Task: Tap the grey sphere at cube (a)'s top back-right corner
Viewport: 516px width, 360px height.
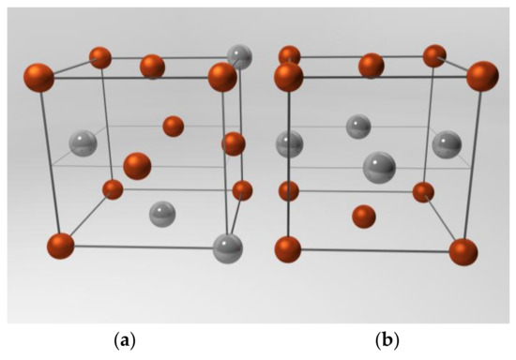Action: pyautogui.click(x=241, y=56)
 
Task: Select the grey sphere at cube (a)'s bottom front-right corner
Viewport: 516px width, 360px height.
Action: pyautogui.click(x=227, y=249)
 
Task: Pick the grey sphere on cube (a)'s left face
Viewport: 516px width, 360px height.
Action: pyautogui.click(x=83, y=143)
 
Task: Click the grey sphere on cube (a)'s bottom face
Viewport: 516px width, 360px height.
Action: pyautogui.click(x=163, y=214)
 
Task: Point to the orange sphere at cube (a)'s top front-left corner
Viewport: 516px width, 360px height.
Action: pyautogui.click(x=38, y=77)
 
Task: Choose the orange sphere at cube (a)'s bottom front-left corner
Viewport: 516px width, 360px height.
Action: pyautogui.click(x=60, y=247)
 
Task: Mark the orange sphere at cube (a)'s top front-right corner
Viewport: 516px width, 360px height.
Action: pyautogui.click(x=222, y=77)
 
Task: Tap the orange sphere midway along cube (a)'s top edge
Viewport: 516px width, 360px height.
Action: pyautogui.click(x=152, y=67)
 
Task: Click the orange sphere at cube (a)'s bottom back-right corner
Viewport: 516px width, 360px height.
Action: pyautogui.click(x=242, y=190)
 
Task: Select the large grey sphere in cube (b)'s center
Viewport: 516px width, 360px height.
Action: pyautogui.click(x=379, y=168)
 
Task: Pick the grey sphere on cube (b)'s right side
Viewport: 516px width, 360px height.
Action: pyautogui.click(x=446, y=143)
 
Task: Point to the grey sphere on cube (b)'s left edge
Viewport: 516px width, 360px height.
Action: pyautogui.click(x=289, y=143)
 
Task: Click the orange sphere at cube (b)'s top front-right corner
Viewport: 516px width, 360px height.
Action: pyautogui.click(x=482, y=76)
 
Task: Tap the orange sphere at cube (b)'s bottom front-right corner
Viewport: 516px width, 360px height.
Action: pyautogui.click(x=463, y=252)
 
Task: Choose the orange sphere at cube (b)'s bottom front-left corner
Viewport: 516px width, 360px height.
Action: pyautogui.click(x=288, y=249)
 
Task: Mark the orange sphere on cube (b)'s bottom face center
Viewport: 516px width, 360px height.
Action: pyautogui.click(x=364, y=217)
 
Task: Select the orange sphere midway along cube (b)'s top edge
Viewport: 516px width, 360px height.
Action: pyautogui.click(x=372, y=66)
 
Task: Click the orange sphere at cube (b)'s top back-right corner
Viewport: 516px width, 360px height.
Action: pyautogui.click(x=434, y=56)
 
